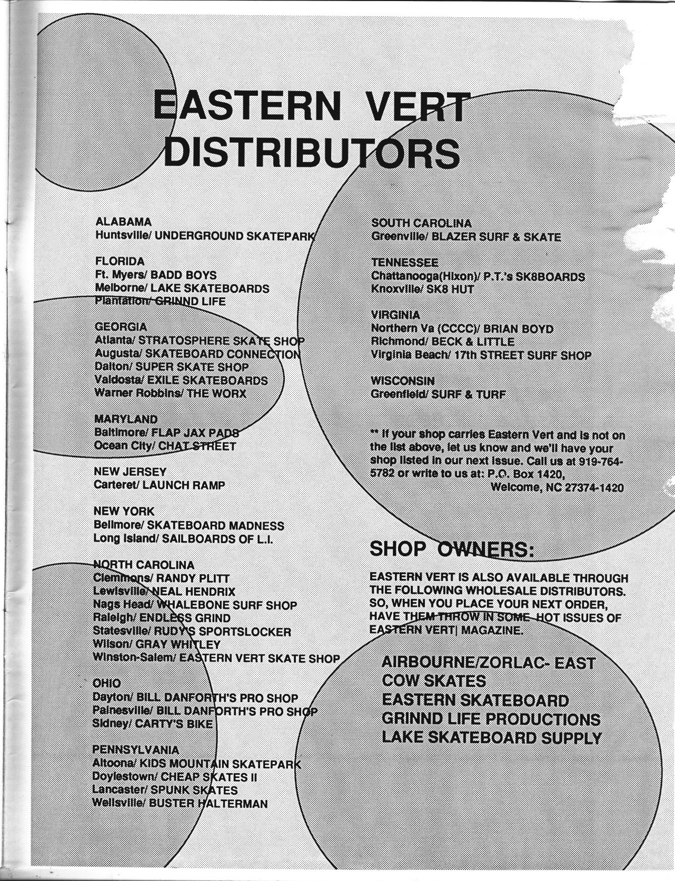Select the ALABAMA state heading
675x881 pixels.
123,222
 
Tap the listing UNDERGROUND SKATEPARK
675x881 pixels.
235,235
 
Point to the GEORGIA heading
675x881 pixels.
121,326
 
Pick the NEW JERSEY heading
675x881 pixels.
130,471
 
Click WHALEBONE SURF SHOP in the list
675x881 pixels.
227,605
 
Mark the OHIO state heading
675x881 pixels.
106,683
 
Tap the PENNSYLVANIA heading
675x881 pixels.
136,750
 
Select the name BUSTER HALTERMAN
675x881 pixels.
208,803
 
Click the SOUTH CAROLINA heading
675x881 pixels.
421,223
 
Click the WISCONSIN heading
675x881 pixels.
403,380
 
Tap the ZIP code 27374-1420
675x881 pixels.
594,487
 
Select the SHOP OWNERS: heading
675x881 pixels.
452,549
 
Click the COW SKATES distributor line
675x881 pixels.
434,681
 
